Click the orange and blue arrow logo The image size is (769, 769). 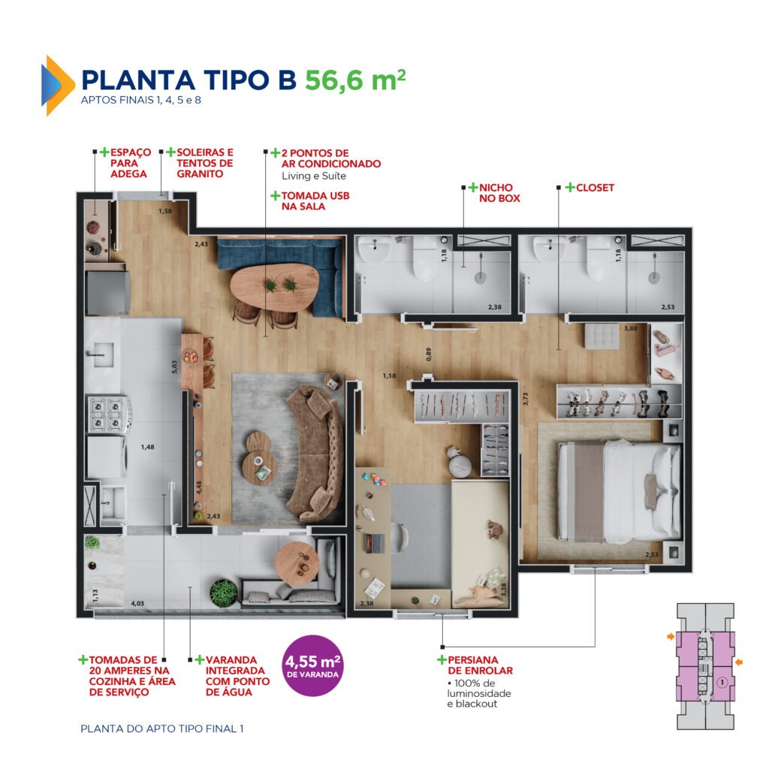pos(59,85)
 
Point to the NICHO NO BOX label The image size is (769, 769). pos(494,193)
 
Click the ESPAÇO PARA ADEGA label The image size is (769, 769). pos(129,163)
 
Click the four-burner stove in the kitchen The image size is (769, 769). pos(107,415)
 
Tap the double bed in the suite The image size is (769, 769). pos(617,492)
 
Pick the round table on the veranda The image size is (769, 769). pos(297,562)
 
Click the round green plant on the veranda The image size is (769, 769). pos(223,592)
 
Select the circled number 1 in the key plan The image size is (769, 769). pos(720,683)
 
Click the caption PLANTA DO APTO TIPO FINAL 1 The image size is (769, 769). pos(161,728)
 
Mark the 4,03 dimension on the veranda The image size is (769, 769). pos(138,603)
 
